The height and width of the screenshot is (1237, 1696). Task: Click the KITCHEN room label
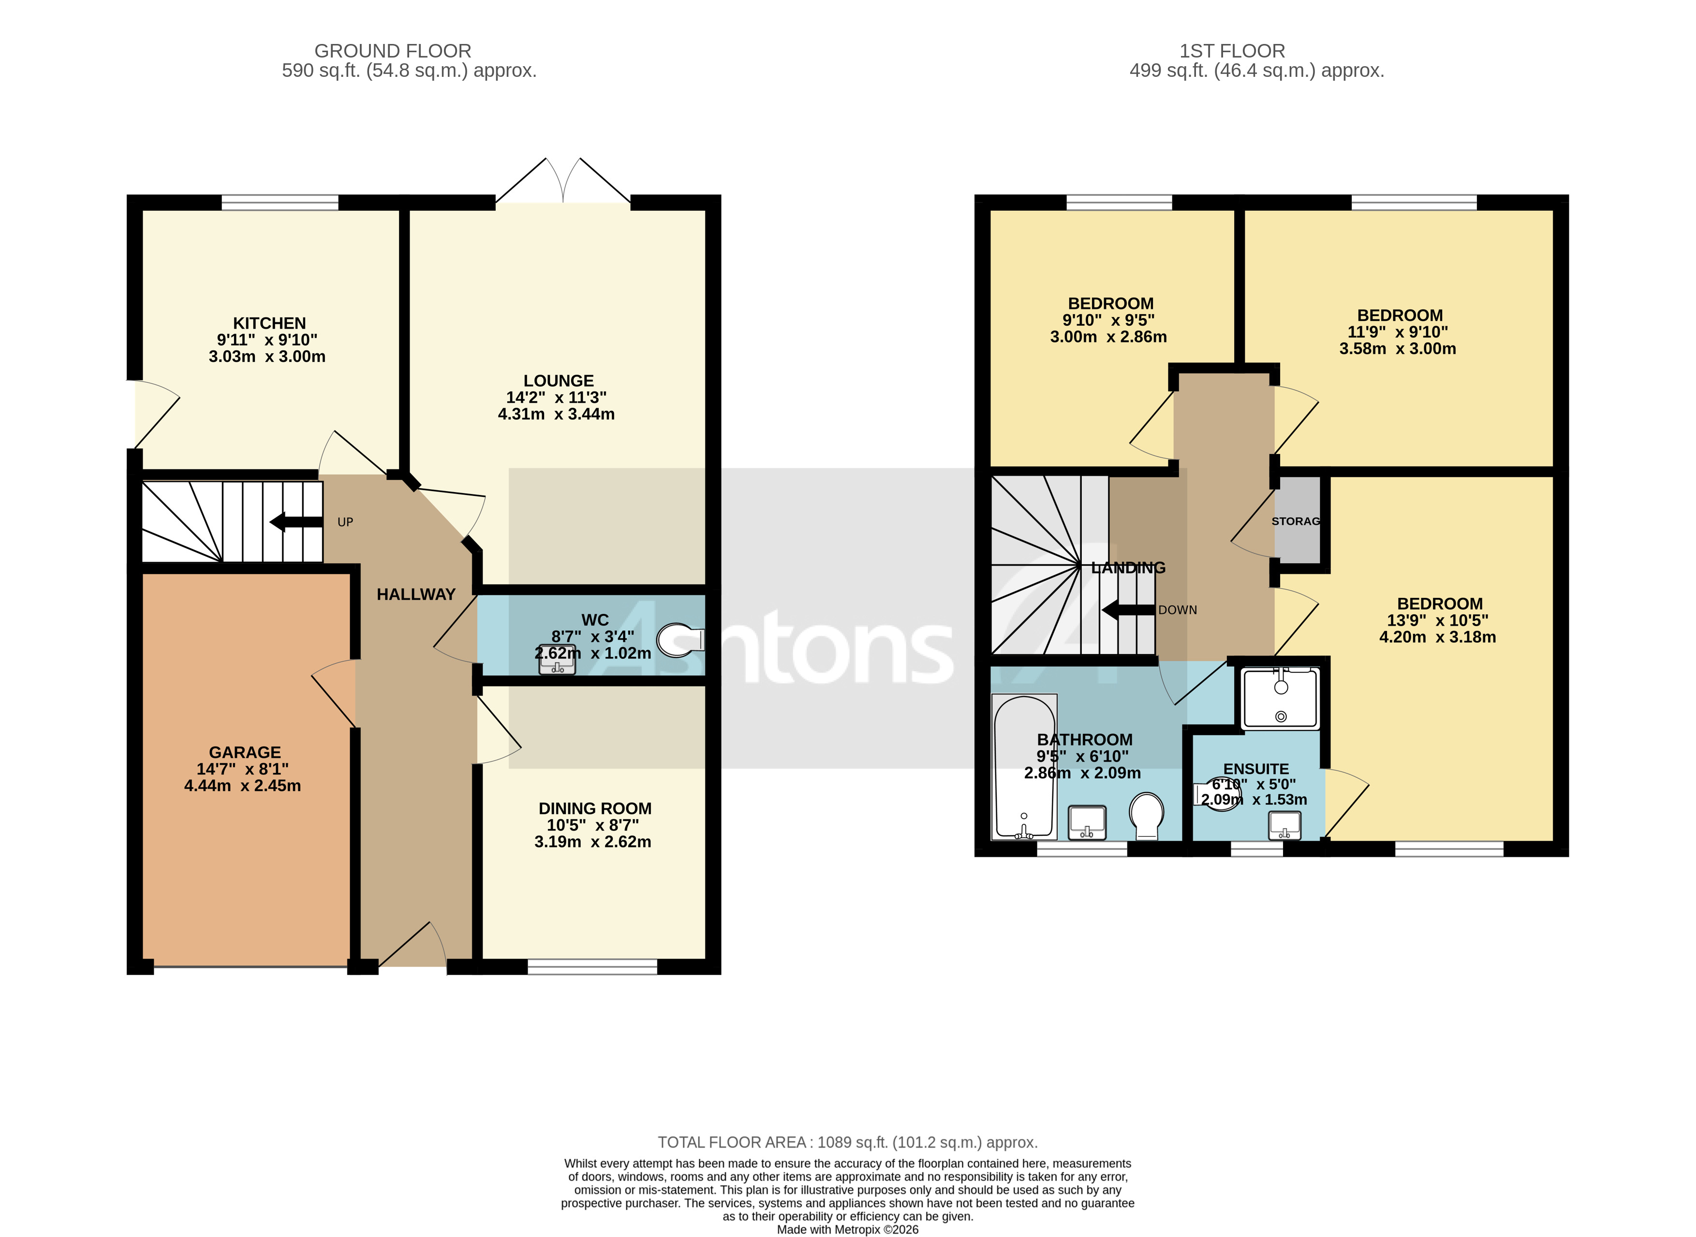click(x=269, y=323)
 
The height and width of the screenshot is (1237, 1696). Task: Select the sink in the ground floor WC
click(x=557, y=660)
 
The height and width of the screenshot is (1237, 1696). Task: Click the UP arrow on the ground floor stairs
click(x=296, y=522)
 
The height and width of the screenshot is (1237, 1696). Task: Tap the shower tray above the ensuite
click(x=1280, y=699)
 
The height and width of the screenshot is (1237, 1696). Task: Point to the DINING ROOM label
click(x=595, y=809)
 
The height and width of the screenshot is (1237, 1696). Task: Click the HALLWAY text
click(x=416, y=595)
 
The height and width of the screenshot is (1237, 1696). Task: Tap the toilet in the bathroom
click(x=1146, y=816)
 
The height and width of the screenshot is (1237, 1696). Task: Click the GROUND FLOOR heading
click(x=393, y=51)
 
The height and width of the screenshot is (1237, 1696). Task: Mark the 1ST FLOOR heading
click(x=1232, y=51)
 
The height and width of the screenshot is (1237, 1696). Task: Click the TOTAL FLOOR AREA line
click(x=847, y=1143)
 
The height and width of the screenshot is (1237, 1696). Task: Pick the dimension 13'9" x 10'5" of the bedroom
click(x=1438, y=621)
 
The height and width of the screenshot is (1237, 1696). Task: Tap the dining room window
click(x=592, y=967)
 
